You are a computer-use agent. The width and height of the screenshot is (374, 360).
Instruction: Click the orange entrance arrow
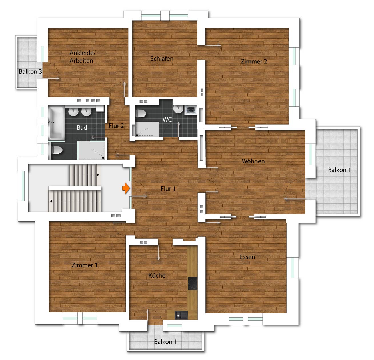[x=126, y=188]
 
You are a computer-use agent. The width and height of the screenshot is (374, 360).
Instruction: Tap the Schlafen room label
[x=162, y=59]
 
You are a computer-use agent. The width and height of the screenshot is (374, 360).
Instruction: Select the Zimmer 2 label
[x=254, y=61]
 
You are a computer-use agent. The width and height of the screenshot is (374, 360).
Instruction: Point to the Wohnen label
[x=253, y=161]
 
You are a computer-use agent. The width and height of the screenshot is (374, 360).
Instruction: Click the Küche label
[x=157, y=275]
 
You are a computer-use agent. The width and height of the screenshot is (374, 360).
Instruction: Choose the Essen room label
[x=247, y=257]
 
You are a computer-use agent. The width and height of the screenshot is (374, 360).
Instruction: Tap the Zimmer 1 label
[x=84, y=265]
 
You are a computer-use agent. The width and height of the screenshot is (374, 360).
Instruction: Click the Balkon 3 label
[x=30, y=71]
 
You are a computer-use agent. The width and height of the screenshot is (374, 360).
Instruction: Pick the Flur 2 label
[x=116, y=126]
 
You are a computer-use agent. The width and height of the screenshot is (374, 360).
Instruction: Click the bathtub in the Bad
[x=56, y=123]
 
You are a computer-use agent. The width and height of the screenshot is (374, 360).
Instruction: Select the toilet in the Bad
[x=57, y=150]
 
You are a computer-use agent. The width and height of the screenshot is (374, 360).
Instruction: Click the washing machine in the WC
[x=190, y=110]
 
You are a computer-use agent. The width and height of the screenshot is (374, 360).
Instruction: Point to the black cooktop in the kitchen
[x=192, y=283]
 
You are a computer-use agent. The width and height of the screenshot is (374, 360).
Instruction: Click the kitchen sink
[x=181, y=315]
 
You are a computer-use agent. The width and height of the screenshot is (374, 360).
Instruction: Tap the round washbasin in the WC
[x=178, y=109]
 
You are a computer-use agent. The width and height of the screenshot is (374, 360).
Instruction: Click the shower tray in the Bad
[x=91, y=150]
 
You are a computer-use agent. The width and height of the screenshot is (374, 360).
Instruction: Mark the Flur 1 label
[x=168, y=189]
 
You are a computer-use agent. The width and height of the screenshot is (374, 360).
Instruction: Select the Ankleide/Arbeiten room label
[x=83, y=57]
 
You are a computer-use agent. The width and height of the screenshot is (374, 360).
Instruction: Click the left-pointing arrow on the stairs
[x=74, y=201]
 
